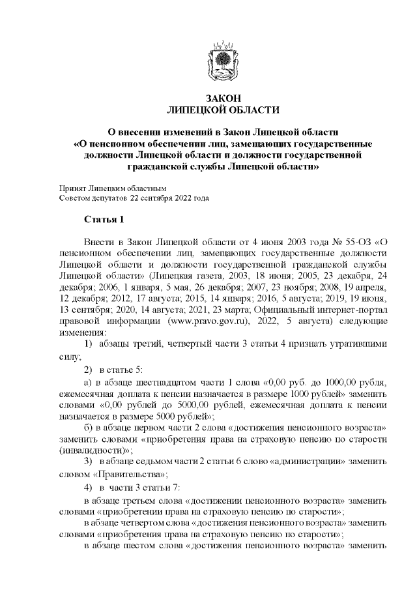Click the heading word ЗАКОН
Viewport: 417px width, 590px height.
point(223,98)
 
